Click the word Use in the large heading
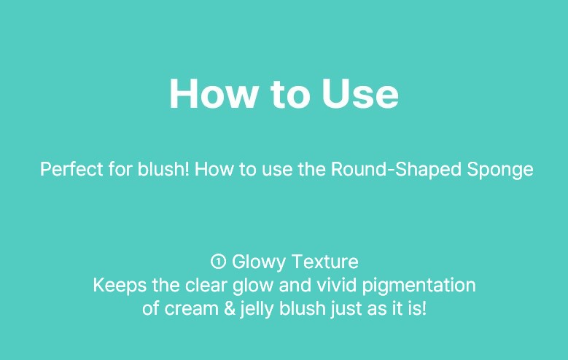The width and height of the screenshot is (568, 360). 360,93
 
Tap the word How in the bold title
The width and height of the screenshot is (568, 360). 213,93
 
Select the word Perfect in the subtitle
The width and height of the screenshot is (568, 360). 71,169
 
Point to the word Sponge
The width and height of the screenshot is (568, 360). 500,170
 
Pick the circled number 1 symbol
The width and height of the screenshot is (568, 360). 218,261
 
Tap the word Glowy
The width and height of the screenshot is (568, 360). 258,262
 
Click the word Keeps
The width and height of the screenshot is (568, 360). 120,286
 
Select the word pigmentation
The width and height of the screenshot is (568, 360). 419,286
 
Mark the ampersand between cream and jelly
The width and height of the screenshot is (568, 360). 230,308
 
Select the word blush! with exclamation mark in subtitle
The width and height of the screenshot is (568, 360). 163,169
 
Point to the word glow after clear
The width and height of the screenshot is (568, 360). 253,286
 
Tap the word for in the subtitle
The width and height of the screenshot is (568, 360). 120,169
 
